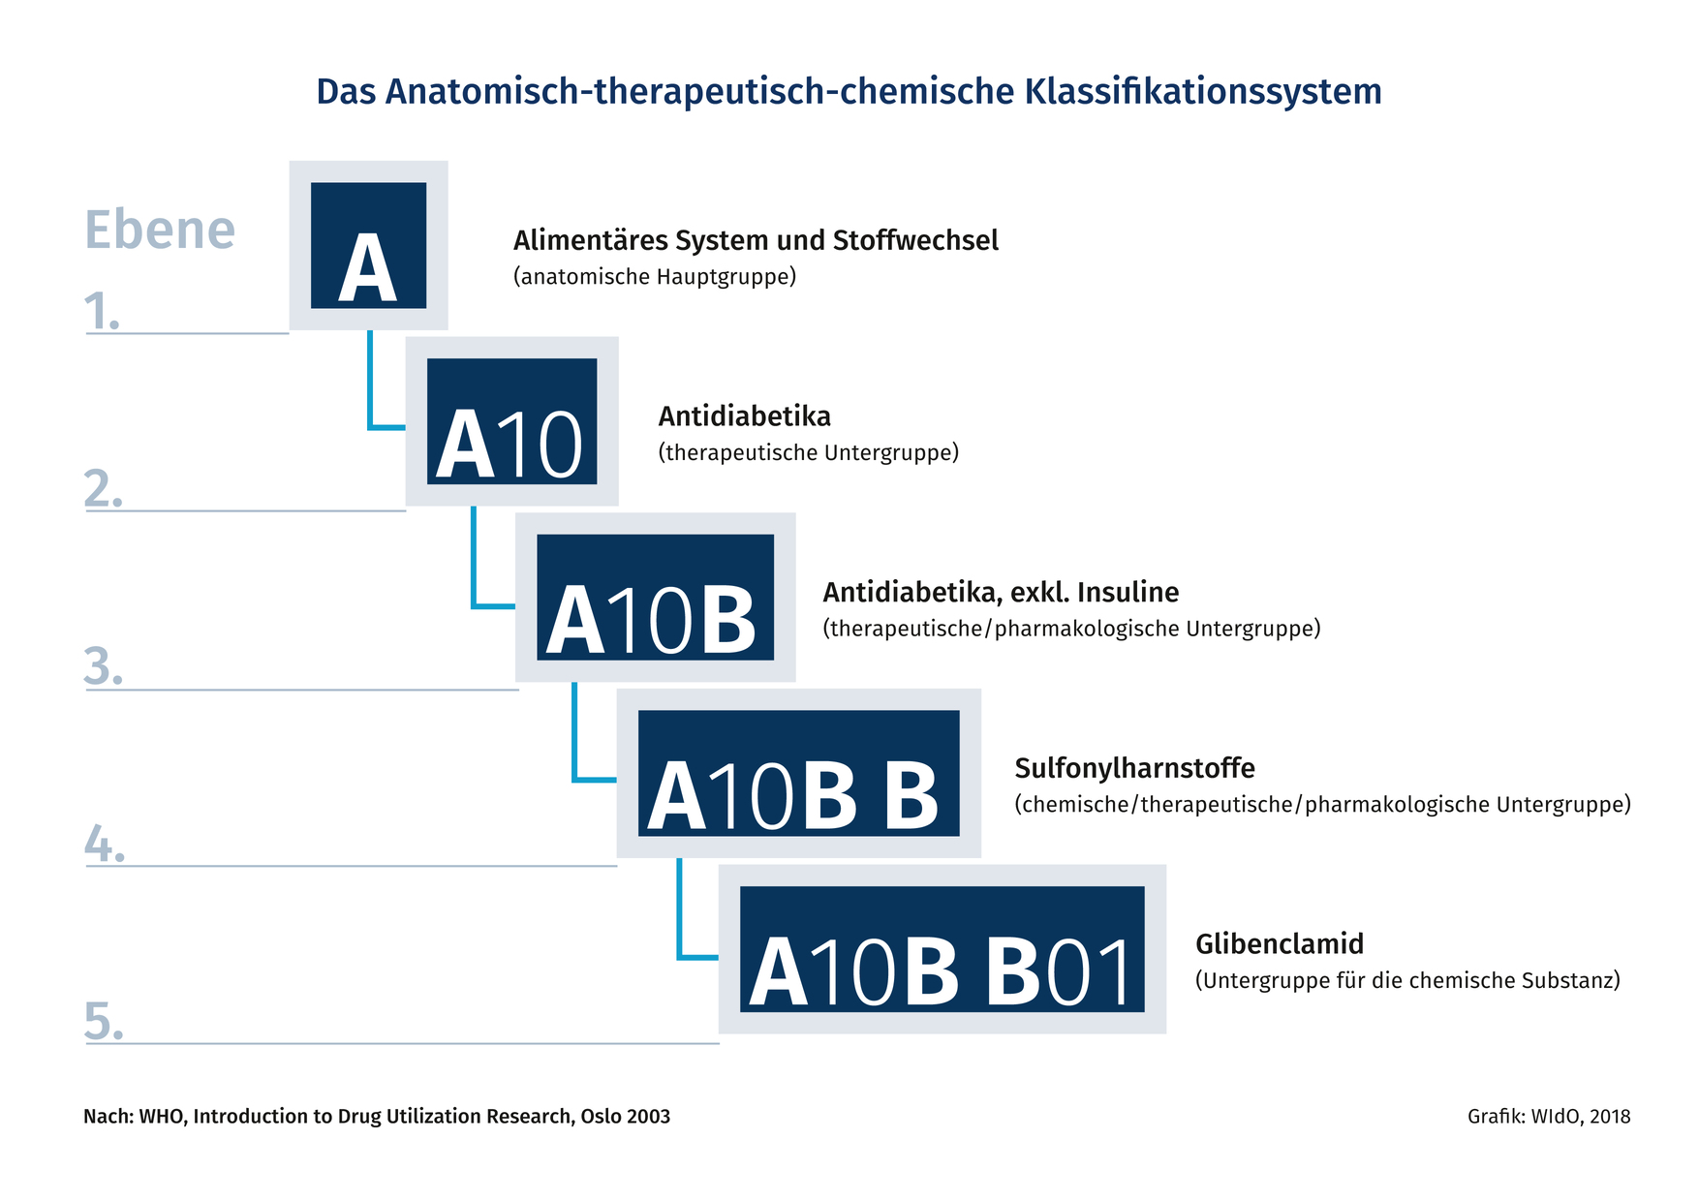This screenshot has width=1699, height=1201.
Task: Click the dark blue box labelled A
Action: [368, 245]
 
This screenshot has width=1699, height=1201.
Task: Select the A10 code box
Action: [511, 421]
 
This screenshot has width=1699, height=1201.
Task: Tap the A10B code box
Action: [655, 598]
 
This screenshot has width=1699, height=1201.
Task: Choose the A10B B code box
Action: [798, 773]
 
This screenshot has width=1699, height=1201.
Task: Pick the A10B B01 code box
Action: [942, 949]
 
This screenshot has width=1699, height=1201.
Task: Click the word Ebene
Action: [160, 230]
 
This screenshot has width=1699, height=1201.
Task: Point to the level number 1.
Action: [102, 312]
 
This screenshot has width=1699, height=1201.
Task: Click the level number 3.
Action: [103, 667]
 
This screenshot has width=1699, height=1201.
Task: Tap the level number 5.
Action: [104, 1021]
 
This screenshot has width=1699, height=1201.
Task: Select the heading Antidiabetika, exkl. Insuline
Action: [1001, 592]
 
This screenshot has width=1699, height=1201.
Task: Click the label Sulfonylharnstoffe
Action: [1134, 768]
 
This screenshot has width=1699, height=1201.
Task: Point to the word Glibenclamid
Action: [1280, 944]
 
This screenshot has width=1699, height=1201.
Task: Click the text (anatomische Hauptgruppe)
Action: [655, 277]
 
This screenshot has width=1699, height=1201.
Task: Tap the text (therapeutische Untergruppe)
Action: [809, 452]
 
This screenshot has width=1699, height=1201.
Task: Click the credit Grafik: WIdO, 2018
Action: [1549, 1116]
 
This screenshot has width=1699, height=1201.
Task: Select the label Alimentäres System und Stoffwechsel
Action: [756, 240]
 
